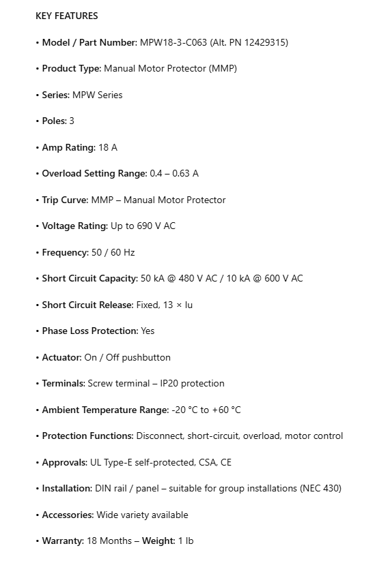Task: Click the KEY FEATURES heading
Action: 66,16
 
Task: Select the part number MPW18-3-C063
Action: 172,42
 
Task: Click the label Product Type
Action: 71,68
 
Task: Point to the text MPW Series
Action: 97,95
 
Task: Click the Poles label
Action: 54,121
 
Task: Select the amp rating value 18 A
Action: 108,147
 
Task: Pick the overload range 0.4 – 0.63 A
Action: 174,173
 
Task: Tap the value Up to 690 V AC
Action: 143,226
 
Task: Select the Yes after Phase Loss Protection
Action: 148,331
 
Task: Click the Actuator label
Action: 61,357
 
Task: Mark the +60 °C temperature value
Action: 226,410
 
